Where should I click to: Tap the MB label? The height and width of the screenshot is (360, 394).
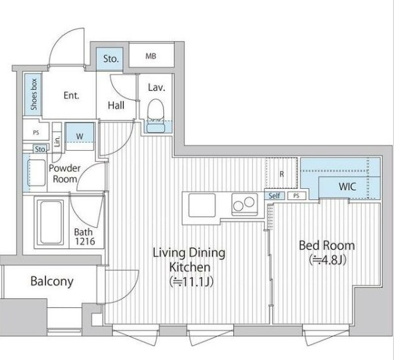pyautogui.click(x=151, y=56)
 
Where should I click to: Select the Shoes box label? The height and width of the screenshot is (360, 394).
pyautogui.click(x=34, y=94)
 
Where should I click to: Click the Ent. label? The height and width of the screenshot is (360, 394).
pyautogui.click(x=71, y=95)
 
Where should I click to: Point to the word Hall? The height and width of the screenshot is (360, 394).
pyautogui.click(x=116, y=105)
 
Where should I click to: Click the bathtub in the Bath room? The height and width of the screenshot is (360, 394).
pyautogui.click(x=51, y=222)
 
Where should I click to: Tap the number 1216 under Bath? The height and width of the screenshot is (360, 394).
pyautogui.click(x=85, y=242)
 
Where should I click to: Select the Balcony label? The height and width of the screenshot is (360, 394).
pyautogui.click(x=52, y=281)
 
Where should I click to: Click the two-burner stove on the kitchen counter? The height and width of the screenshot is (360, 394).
pyautogui.click(x=244, y=204)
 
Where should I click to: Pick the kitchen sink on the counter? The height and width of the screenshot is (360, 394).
pyautogui.click(x=202, y=205)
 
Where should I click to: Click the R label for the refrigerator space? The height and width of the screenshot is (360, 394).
pyautogui.click(x=282, y=174)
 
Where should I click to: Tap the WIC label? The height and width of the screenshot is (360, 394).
pyautogui.click(x=347, y=186)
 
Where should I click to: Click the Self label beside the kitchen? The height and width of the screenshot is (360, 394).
pyautogui.click(x=274, y=195)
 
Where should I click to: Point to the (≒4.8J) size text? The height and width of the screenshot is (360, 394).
pyautogui.click(x=328, y=259)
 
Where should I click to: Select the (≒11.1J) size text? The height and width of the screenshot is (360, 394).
pyautogui.click(x=192, y=282)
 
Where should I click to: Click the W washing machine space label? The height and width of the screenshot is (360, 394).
pyautogui.click(x=80, y=137)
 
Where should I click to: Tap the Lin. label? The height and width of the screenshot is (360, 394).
pyautogui.click(x=57, y=141)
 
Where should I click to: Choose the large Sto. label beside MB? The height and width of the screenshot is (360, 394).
pyautogui.click(x=111, y=59)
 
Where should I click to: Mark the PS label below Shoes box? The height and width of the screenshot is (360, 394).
pyautogui.click(x=36, y=132)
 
